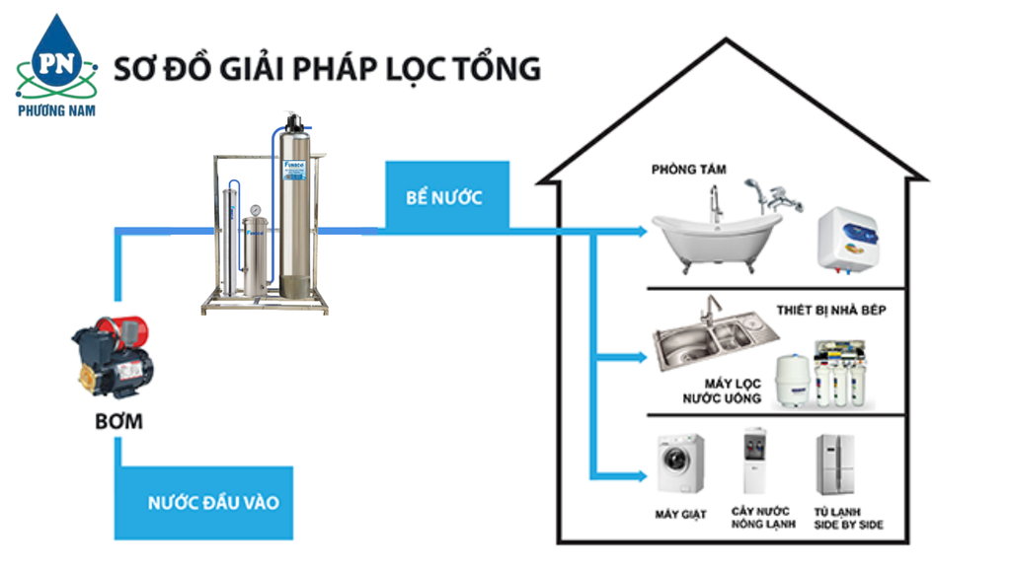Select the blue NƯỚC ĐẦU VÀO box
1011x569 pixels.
click(x=212, y=503)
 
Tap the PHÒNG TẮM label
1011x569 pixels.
click(x=688, y=170)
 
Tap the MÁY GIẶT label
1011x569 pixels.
click(x=680, y=514)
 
